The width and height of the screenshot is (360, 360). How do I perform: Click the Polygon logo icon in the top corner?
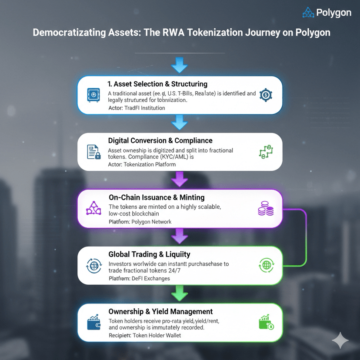tap(308, 13)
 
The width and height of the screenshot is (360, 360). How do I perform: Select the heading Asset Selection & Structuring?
tap(157, 84)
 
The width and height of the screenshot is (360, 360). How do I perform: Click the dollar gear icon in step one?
tap(265, 94)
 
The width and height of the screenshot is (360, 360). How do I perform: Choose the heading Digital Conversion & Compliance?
tap(160, 140)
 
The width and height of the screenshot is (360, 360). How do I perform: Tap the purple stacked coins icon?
tap(265, 209)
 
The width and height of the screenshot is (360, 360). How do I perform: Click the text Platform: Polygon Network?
tap(140, 222)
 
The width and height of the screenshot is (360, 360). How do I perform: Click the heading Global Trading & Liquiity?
tap(149, 254)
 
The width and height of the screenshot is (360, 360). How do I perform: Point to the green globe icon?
tap(266, 265)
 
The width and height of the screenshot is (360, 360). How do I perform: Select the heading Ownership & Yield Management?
tap(160, 311)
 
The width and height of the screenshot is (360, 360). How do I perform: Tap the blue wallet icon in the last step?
tap(94, 323)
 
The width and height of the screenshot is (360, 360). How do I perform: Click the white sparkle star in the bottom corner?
tap(340, 341)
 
